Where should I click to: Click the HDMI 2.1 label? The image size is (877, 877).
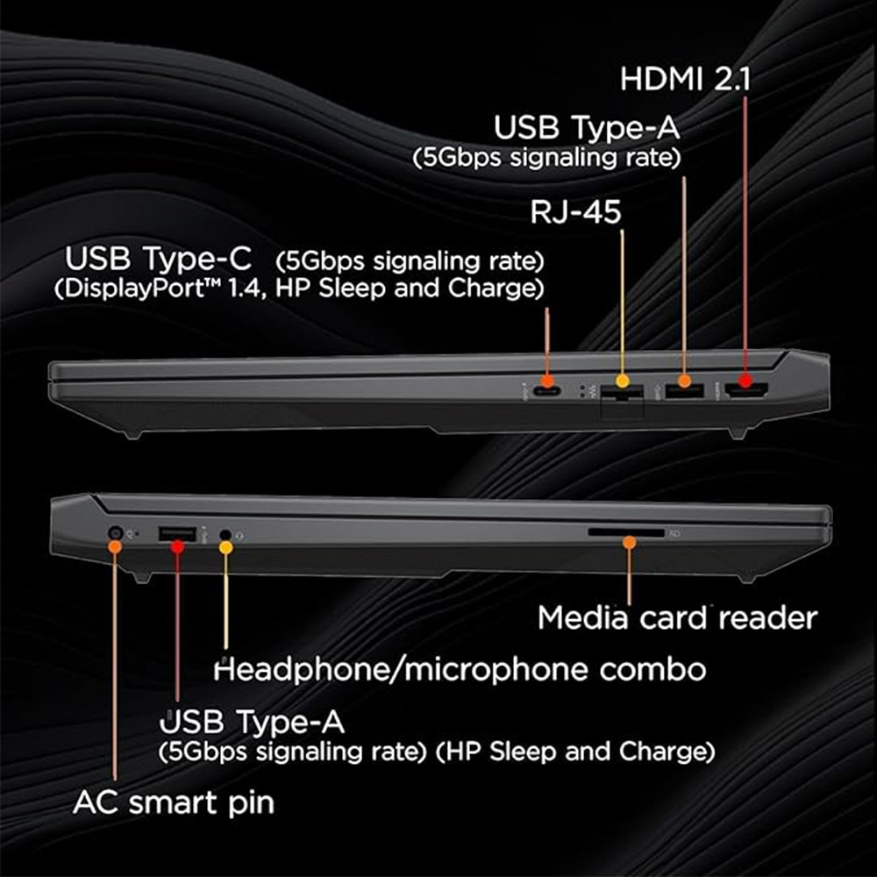click(x=685, y=79)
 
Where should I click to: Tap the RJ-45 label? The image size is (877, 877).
click(x=575, y=212)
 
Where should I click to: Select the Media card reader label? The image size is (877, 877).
click(x=677, y=618)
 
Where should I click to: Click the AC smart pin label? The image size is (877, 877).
click(x=174, y=803)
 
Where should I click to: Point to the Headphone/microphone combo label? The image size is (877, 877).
click(x=460, y=669)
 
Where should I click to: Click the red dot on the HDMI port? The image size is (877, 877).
click(x=745, y=381)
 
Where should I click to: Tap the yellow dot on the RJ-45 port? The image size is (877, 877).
click(x=623, y=381)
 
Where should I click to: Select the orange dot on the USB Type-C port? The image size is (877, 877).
click(x=547, y=381)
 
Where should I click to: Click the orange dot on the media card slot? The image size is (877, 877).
click(x=629, y=541)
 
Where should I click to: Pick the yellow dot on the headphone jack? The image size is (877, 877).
click(x=225, y=547)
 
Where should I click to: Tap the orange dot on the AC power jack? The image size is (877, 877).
click(x=115, y=546)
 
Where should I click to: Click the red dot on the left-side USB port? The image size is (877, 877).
click(x=177, y=546)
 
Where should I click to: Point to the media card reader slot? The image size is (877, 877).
click(x=626, y=533)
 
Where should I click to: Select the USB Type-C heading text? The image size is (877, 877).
click(x=158, y=258)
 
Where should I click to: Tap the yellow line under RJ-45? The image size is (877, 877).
click(x=623, y=302)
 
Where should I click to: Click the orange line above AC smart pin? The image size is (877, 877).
click(x=115, y=667)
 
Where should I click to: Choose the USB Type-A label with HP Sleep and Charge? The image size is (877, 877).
click(x=437, y=736)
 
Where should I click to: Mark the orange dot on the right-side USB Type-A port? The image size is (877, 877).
click(x=684, y=381)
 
